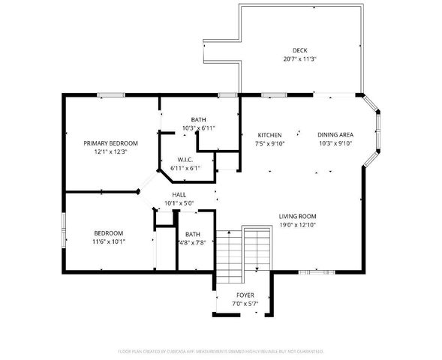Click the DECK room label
point(299,51)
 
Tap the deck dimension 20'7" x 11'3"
point(299,59)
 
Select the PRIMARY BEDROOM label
point(110,143)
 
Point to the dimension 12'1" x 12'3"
point(110,151)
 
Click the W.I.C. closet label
point(186,160)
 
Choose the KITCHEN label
point(269,135)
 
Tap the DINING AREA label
point(335,135)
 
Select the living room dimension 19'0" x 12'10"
point(297,223)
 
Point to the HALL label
point(179,193)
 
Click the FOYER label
point(245,295)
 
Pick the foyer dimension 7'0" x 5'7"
point(245,303)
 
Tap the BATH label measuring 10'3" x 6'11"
point(199,120)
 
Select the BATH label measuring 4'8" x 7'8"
point(193,233)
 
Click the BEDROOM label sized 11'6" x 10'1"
point(109,233)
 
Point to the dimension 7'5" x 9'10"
point(269,143)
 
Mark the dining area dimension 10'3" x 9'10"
point(335,143)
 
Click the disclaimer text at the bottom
point(221,350)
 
